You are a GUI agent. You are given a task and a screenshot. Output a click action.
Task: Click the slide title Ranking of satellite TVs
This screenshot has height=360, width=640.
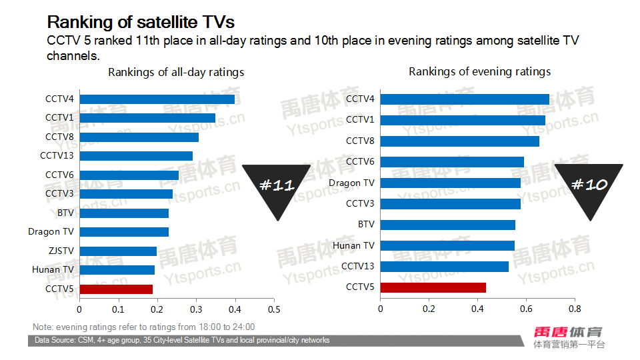coord(140,22)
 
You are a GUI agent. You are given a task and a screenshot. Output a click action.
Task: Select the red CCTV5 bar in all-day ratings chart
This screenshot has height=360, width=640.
coord(116,289)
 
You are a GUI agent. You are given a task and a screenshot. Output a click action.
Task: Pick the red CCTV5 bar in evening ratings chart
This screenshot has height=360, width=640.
coord(433,287)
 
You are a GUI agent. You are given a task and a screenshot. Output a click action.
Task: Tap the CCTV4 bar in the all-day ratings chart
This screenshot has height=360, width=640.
coord(157,99)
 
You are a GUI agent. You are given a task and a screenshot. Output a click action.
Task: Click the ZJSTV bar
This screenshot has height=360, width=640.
coord(118,251)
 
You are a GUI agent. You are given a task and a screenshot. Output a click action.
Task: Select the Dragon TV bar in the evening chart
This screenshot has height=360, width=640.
coord(451,183)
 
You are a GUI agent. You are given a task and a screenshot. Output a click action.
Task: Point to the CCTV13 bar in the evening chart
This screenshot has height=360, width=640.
coord(445,267)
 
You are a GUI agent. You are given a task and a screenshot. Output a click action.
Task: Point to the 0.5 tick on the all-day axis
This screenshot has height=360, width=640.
coord(274,309)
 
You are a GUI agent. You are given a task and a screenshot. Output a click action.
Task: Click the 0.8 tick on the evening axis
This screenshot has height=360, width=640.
coord(575,309)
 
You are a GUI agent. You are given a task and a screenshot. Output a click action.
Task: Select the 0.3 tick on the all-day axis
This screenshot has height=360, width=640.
coord(196,309)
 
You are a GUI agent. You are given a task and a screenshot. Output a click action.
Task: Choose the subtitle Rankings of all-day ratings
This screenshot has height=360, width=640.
coord(176,72)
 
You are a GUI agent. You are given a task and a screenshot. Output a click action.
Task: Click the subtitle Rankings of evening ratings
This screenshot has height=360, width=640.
coord(479,71)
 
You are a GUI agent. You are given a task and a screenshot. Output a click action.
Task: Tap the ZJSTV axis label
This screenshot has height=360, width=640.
coord(60,251)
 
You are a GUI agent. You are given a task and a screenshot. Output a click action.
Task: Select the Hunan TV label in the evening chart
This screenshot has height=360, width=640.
coord(353,245)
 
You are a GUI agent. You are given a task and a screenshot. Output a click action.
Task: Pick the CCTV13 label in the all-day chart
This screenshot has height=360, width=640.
coord(57,155)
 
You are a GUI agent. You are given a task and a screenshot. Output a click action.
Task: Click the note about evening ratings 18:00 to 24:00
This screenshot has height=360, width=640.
coord(143,327)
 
